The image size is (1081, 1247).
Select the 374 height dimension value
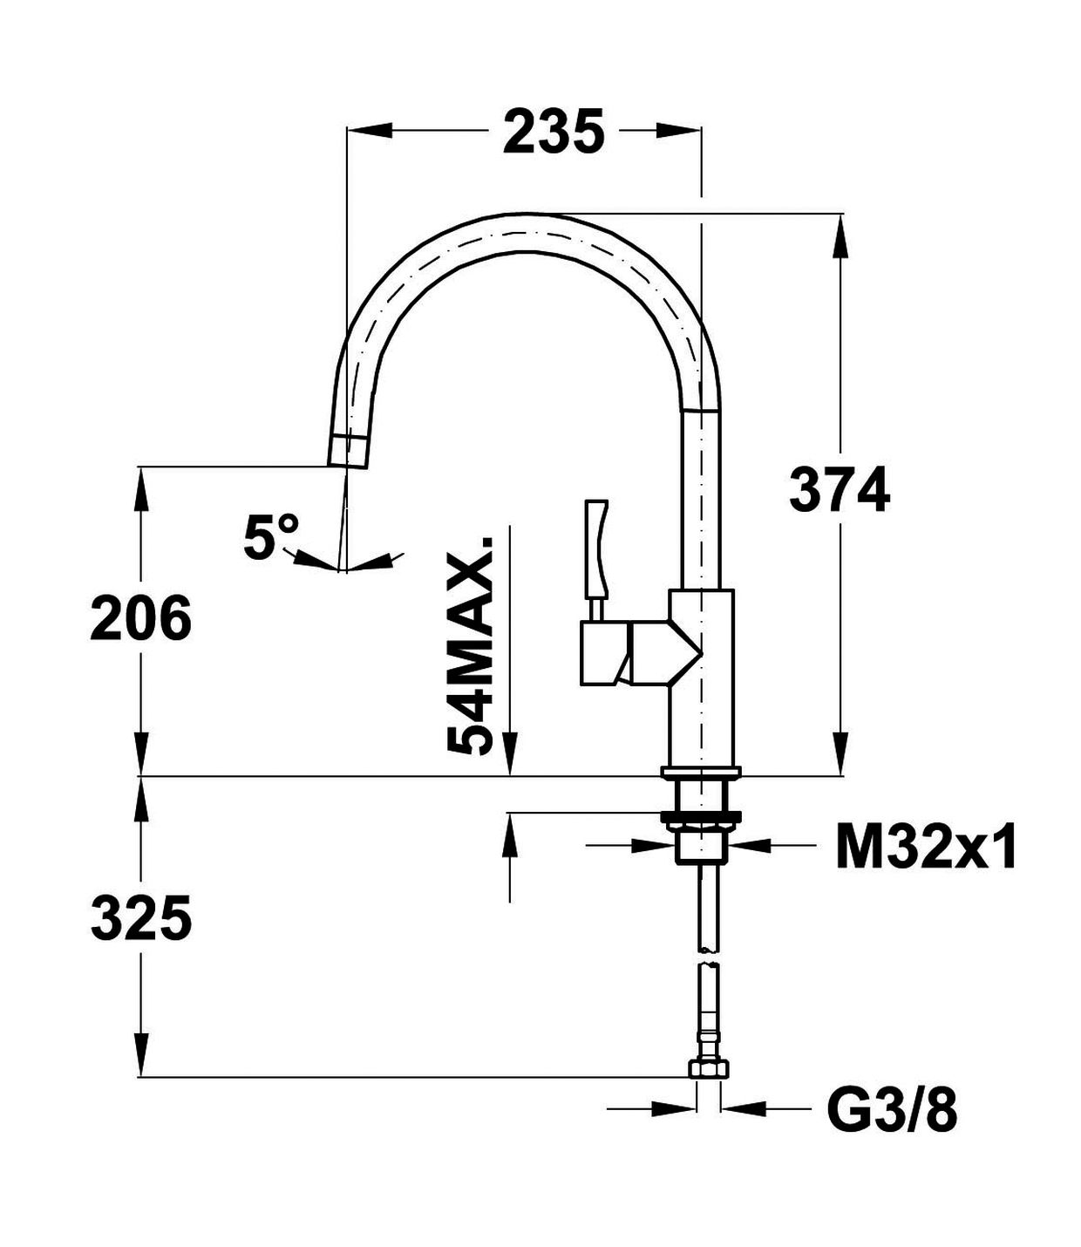(839, 491)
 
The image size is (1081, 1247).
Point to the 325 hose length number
(141, 920)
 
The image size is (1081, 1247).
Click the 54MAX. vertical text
(471, 645)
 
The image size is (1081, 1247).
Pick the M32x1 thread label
(926, 847)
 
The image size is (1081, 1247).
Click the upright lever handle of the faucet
(596, 545)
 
